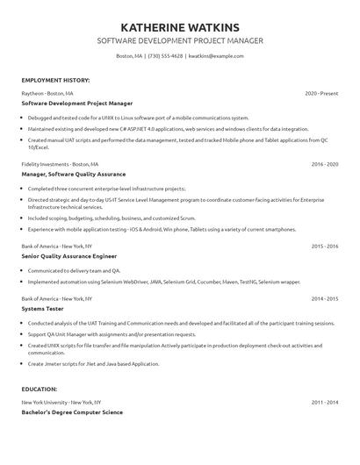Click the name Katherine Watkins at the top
click(179, 27)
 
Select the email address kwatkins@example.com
click(216, 55)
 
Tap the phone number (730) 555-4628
click(165, 55)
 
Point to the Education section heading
click(40, 388)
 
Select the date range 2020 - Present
click(321, 92)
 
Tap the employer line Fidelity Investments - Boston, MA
click(61, 164)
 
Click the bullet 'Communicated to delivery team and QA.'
click(75, 271)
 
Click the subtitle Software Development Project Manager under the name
click(179, 41)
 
